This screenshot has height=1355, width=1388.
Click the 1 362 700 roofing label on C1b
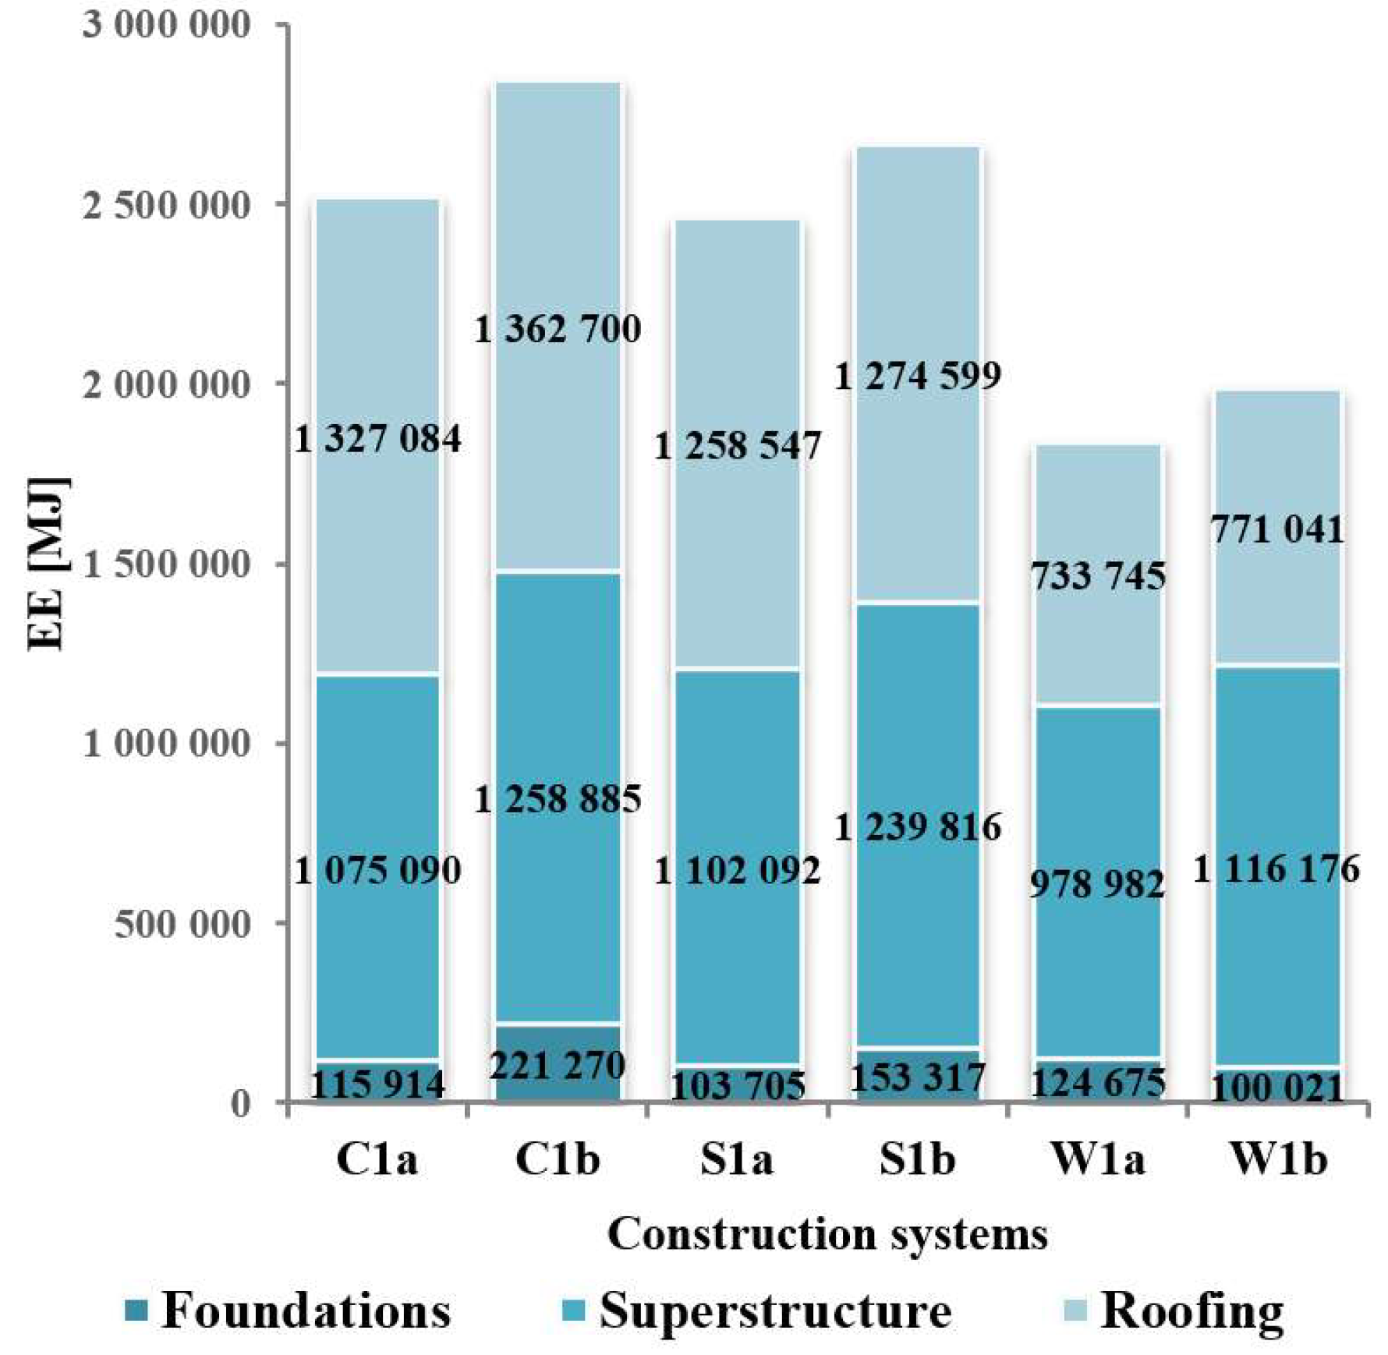pos(558,329)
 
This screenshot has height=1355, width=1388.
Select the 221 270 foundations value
pos(558,1065)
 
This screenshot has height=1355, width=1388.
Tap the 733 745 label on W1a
pos(1098,576)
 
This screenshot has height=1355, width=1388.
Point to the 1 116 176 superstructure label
pos(1276,869)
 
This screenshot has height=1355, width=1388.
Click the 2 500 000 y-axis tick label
pos(166,207)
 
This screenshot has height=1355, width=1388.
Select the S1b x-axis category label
pos(917,1159)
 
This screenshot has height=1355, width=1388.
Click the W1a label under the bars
pos(1098,1159)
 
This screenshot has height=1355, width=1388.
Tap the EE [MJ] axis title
pos(48,563)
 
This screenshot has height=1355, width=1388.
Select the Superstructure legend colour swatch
pos(573,1311)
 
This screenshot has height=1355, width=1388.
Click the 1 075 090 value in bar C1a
pos(377,870)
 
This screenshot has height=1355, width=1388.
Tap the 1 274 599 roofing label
pos(917,377)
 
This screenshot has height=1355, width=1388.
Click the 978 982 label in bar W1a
pos(1097,884)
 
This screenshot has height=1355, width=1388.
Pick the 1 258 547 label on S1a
pos(737,446)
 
